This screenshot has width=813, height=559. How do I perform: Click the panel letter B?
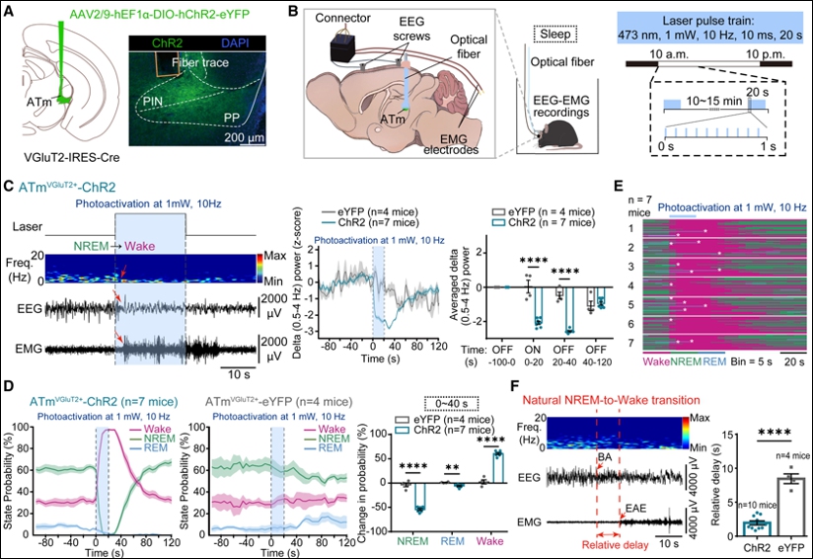pos(292,13)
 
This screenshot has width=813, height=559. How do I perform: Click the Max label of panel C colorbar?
pos(278,256)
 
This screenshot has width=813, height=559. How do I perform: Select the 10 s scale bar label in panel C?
pos(235,374)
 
